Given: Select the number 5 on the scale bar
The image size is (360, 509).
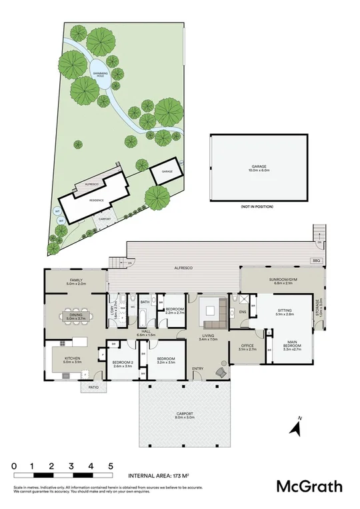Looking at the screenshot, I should [111, 466].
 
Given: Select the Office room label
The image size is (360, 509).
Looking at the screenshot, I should [247, 347].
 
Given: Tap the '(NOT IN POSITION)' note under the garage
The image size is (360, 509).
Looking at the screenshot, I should [257, 207].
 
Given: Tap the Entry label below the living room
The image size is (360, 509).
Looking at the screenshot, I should [198, 369].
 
